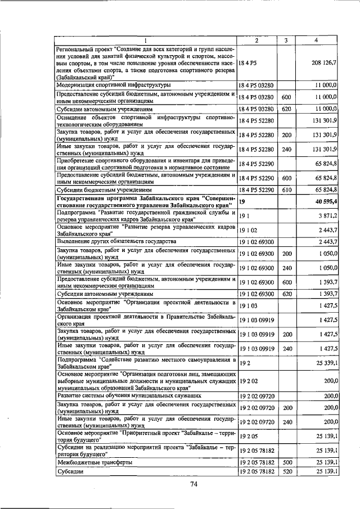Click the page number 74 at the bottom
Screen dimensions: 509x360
pos(194,485)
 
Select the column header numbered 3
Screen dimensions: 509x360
pos(286,40)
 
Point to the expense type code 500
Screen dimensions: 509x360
pos(286,462)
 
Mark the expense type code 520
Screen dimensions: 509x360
pos(286,472)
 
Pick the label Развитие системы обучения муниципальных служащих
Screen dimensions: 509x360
pos(130,395)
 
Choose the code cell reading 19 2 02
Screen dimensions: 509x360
pos(247,381)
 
